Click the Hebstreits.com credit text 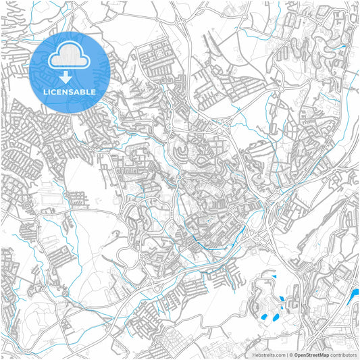click(269, 354)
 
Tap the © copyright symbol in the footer click(290, 354)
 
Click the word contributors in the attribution click(343, 354)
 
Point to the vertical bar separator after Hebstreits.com click(286, 354)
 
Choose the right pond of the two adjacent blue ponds click(277, 315)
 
